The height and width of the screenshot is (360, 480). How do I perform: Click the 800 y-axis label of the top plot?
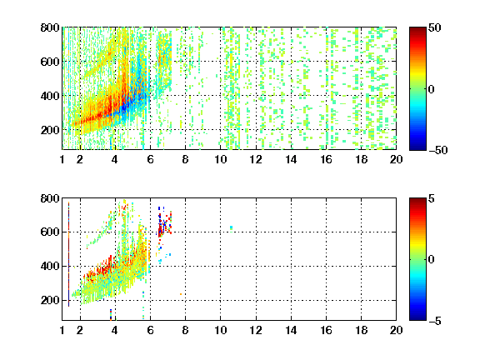pos(50,27)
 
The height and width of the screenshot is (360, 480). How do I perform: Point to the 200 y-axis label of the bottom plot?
pos(50,300)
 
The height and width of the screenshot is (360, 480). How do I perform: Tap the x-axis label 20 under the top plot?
pos(396,159)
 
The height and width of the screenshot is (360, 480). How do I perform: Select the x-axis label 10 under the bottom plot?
pos(220,330)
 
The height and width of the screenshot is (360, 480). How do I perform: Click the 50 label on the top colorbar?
pos(434,27)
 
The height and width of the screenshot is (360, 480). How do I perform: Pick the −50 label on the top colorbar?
pos(437,150)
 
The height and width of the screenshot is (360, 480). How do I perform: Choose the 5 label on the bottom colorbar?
pos(432,198)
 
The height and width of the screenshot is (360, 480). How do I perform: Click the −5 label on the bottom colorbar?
pos(435,321)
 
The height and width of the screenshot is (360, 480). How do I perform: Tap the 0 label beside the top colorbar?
pos(432,89)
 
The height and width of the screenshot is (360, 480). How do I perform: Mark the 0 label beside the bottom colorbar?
pos(432,260)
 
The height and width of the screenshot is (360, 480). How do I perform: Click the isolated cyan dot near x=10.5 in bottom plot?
pos(231,227)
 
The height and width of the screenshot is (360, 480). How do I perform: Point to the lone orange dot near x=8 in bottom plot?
pos(181,294)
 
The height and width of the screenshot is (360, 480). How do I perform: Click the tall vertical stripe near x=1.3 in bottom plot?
pos(68,254)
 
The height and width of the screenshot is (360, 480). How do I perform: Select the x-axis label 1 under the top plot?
pos(62,159)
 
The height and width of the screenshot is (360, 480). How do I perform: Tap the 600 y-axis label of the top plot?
pos(50,62)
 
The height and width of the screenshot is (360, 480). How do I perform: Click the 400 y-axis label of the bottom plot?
pos(50,266)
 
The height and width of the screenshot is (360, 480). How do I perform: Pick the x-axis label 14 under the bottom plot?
pos(291,330)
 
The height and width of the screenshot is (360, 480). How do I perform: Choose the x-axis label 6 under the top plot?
pos(150,159)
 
